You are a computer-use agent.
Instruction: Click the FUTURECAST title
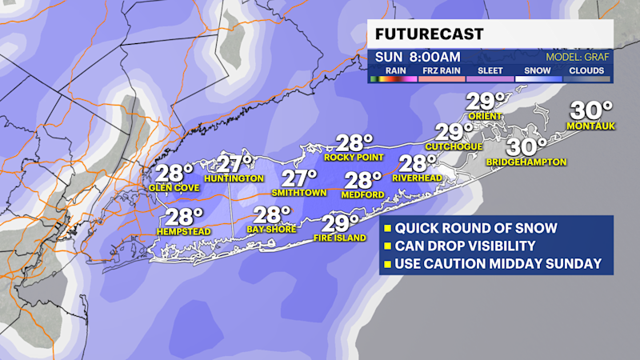[x=427, y=35]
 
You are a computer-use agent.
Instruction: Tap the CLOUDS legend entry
[x=586, y=70]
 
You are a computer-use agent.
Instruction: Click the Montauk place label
[x=589, y=126]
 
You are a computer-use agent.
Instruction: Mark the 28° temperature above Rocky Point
[x=354, y=142]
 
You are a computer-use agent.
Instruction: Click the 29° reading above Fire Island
[x=340, y=222]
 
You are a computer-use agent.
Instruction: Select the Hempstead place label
[x=183, y=231]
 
